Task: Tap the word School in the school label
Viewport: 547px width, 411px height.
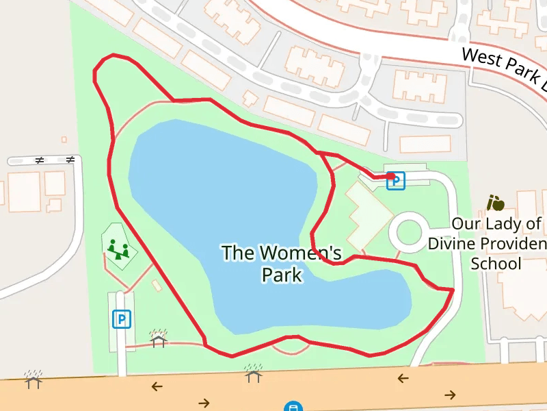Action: click(x=496, y=264)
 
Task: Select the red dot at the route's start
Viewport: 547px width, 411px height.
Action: click(x=390, y=176)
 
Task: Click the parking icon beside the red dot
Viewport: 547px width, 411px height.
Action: click(x=396, y=182)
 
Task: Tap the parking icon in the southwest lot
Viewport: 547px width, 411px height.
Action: click(x=122, y=319)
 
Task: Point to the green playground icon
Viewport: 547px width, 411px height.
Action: click(x=118, y=249)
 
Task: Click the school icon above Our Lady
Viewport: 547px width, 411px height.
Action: click(x=495, y=203)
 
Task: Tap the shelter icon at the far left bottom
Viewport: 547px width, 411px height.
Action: click(x=33, y=379)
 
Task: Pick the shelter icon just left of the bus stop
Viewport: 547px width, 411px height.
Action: click(x=254, y=373)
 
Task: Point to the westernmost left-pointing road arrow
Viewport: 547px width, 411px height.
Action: click(x=157, y=386)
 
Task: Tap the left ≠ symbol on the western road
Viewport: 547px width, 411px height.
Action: click(x=39, y=160)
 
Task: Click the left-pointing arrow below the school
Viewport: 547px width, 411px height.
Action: click(x=403, y=378)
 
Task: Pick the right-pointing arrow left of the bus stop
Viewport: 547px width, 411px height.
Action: click(x=204, y=402)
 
